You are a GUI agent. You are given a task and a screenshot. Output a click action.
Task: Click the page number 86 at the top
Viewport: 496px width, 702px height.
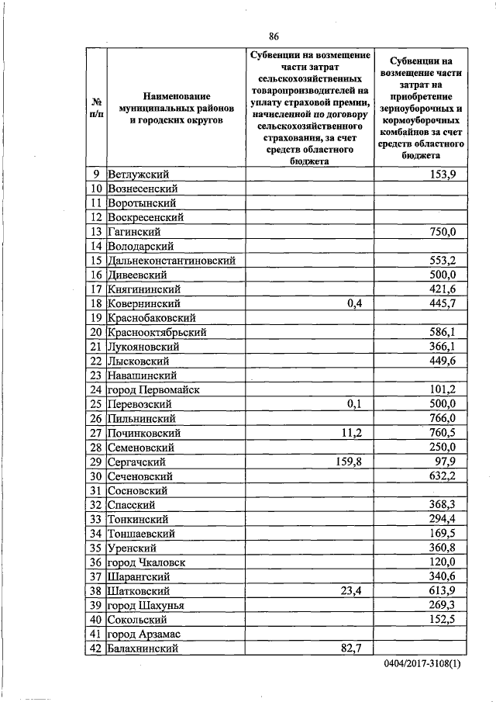[274, 36]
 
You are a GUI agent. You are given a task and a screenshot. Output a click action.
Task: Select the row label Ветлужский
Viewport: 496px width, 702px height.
[139, 175]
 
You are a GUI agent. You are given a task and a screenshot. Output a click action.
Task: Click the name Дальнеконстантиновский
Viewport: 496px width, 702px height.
[172, 261]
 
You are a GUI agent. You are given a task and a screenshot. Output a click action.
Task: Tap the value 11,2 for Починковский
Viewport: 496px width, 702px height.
[351, 433]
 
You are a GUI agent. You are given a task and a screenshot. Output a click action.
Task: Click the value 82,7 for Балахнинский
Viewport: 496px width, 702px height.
[351, 648]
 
